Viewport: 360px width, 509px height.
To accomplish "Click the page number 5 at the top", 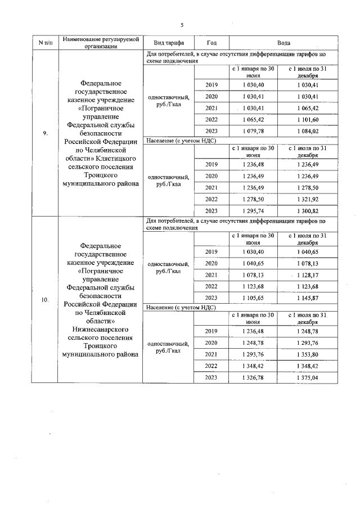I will click(x=182, y=25).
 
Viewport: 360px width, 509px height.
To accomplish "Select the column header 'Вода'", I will click(x=283, y=43).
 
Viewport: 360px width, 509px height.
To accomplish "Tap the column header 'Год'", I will click(x=211, y=43).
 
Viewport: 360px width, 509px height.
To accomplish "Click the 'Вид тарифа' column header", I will click(x=169, y=43).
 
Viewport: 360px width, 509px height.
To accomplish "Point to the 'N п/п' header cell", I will click(x=44, y=43).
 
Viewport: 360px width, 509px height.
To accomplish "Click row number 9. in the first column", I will click(x=44, y=133).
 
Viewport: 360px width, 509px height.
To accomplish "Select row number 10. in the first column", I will click(x=44, y=300).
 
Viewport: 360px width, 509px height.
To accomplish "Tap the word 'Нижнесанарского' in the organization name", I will click(x=101, y=329).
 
